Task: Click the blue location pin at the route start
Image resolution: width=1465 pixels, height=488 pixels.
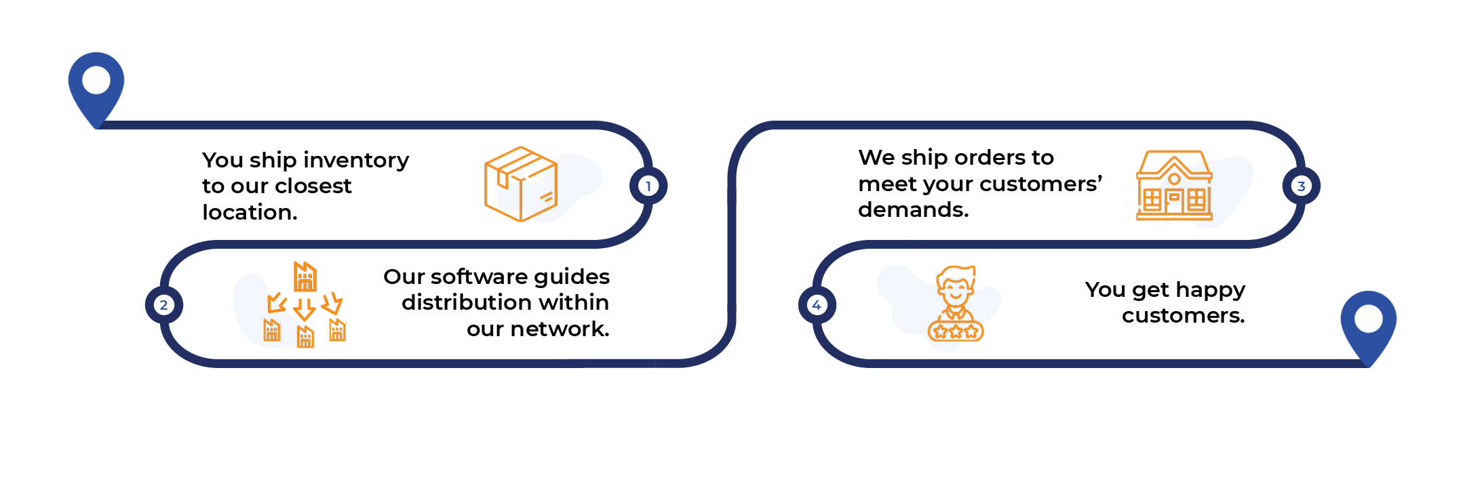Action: [96, 85]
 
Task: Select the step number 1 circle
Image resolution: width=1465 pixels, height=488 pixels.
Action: [648, 186]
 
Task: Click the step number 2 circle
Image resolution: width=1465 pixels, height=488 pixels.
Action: [163, 305]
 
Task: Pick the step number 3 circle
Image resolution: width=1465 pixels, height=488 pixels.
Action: [1301, 186]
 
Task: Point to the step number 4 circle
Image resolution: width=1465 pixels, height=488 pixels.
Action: [817, 305]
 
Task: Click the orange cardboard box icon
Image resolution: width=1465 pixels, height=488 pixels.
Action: [520, 184]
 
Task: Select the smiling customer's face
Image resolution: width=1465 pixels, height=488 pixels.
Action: [956, 288]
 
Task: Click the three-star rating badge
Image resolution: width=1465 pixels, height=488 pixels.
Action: [956, 331]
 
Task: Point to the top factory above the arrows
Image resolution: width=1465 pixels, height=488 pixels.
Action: [305, 277]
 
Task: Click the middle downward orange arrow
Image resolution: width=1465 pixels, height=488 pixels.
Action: [305, 308]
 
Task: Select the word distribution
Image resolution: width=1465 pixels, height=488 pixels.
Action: [469, 302]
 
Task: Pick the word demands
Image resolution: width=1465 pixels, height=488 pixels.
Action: [913, 210]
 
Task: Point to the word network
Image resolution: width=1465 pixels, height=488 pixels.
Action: [560, 329]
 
